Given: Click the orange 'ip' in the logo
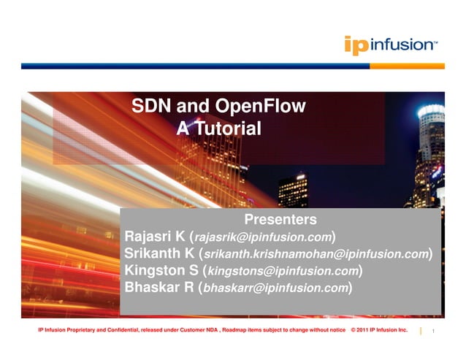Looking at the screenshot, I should [x=356, y=45].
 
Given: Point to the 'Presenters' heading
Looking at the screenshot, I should [x=280, y=220].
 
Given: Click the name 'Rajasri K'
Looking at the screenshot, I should [x=155, y=237].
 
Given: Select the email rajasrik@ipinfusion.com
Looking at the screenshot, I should [x=263, y=238].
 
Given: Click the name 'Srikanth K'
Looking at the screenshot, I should [x=159, y=254].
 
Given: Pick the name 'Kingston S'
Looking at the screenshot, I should [x=160, y=271].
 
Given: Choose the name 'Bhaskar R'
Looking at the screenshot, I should [x=158, y=288].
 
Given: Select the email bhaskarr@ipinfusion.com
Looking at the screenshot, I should [x=275, y=288].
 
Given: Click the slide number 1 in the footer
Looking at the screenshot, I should [x=434, y=332].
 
